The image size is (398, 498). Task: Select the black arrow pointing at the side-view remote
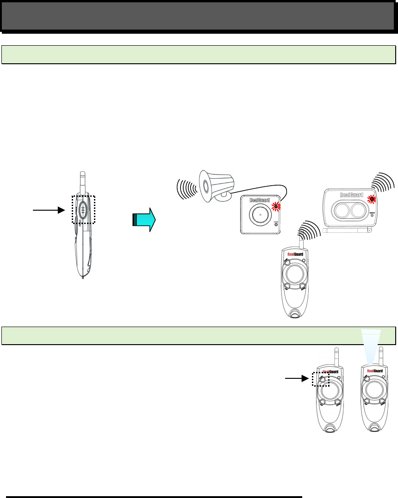coord(48,210)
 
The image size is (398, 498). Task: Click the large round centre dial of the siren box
coord(261,216)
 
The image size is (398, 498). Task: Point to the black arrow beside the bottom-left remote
coord(297,378)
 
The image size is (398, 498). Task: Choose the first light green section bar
coord(199,54)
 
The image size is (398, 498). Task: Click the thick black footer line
coord(153,497)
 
